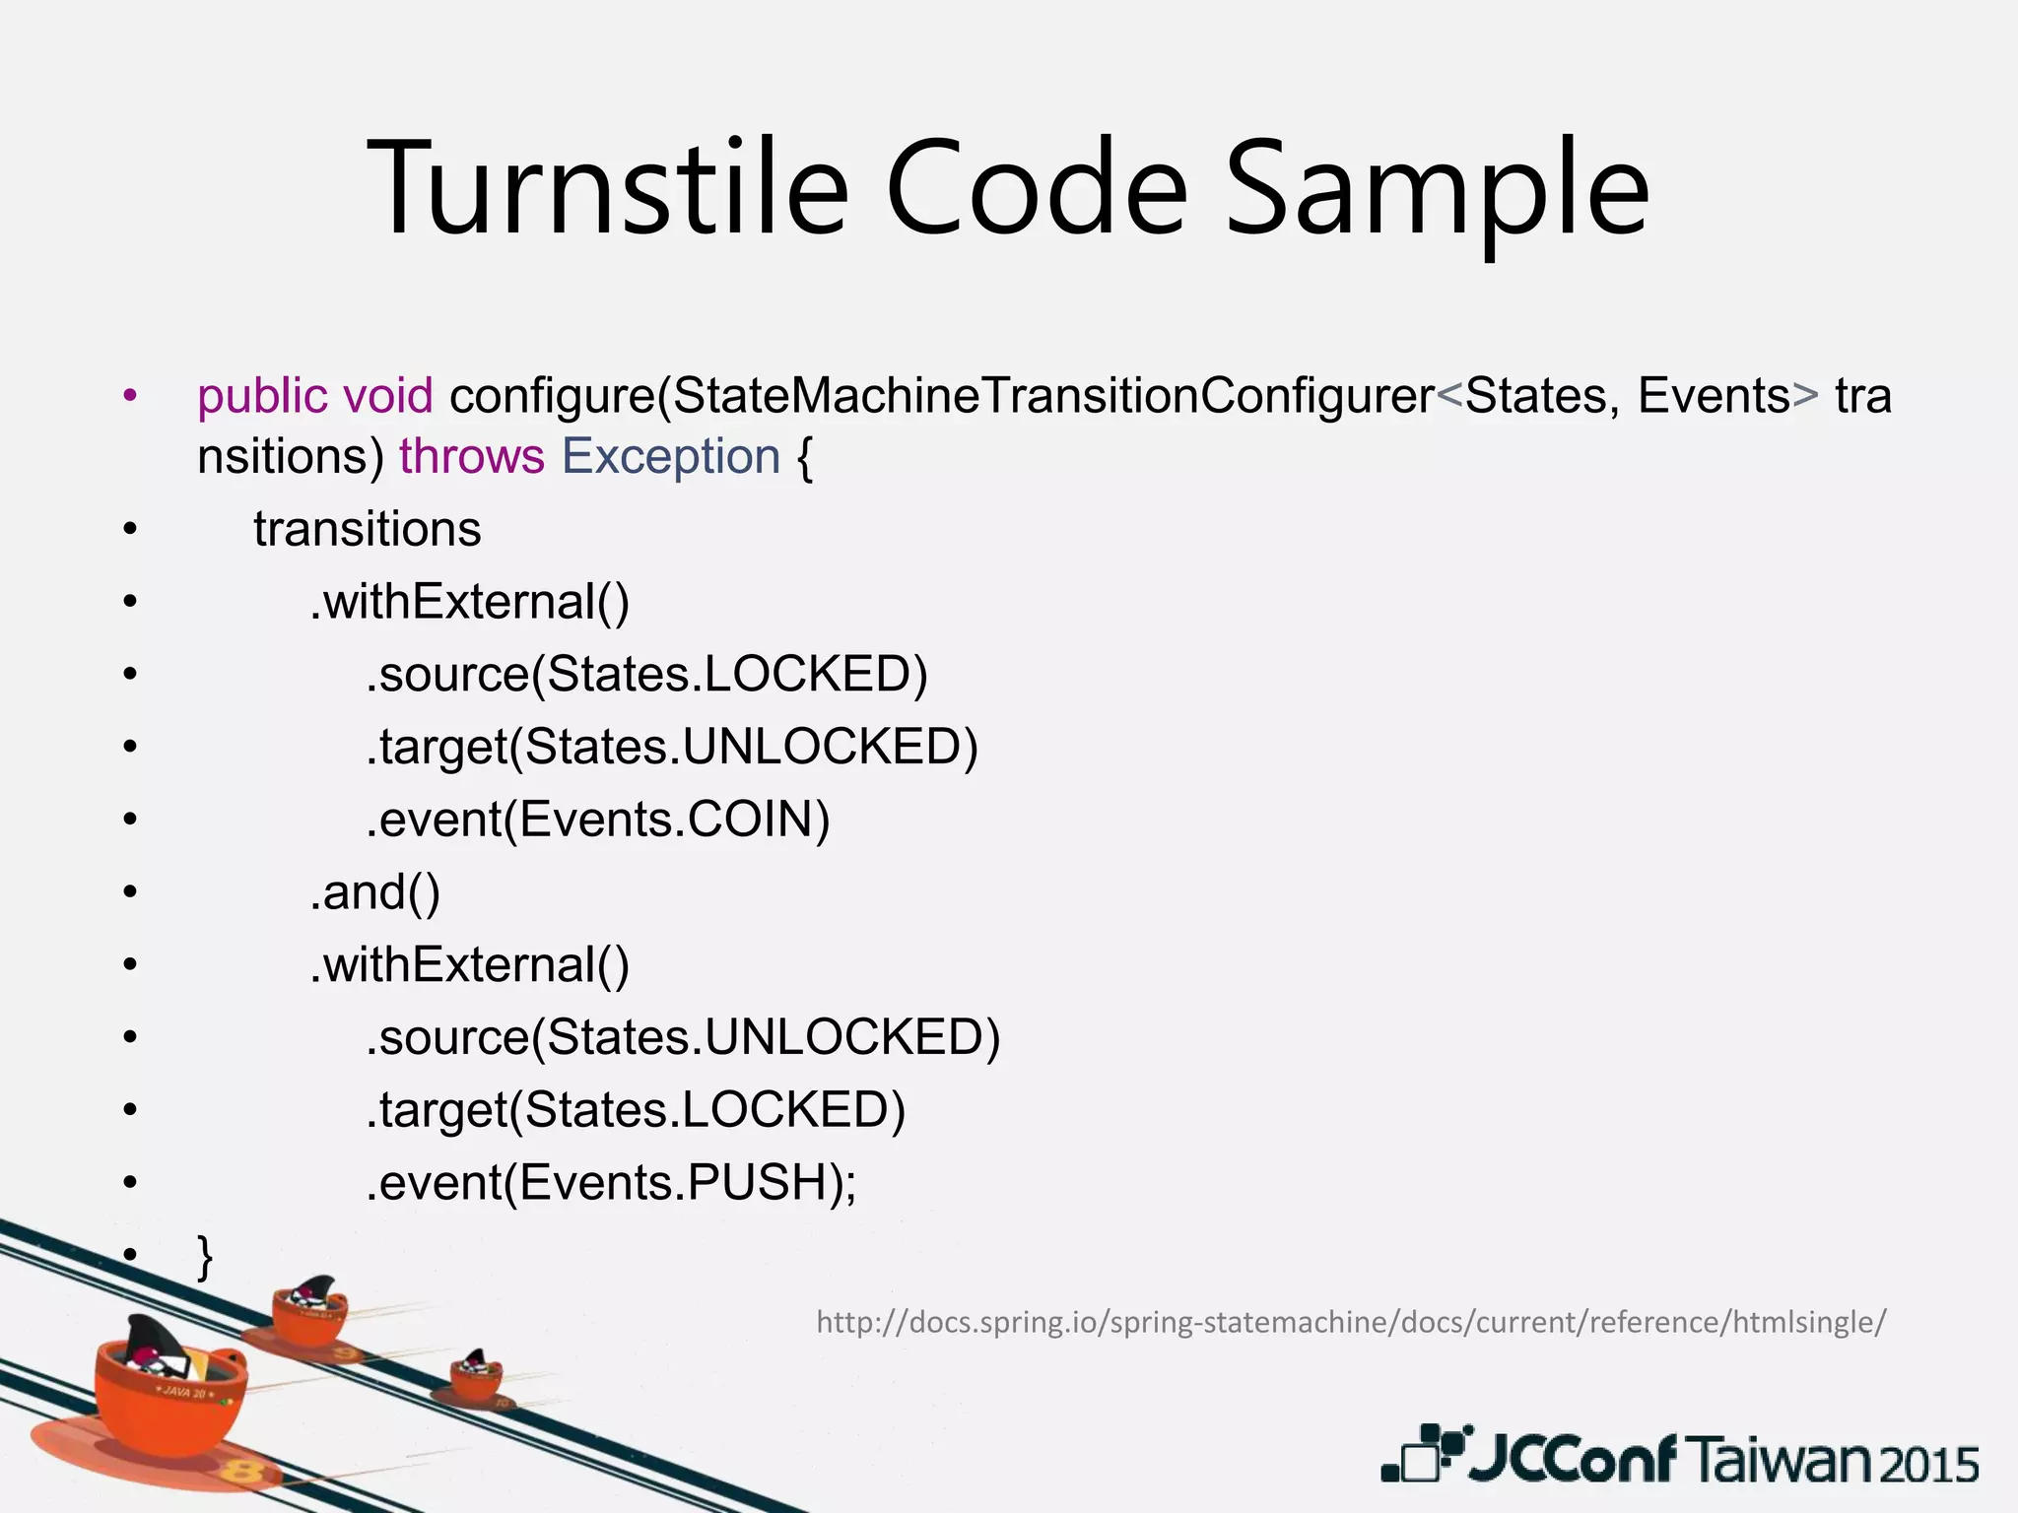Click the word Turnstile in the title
607,187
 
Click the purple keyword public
262,397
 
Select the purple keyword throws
471,457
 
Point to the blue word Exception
671,457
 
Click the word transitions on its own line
367,529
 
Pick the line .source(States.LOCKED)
646,675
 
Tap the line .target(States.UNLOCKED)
672,747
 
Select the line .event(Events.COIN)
598,820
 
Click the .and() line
375,892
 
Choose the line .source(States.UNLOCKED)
683,1037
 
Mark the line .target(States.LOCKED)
636,1110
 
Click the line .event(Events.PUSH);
611,1183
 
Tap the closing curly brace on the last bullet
205,1256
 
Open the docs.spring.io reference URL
1351,1322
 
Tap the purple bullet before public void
130,397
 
